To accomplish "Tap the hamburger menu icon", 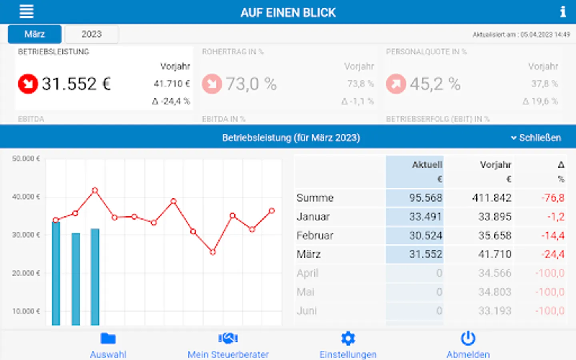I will pyautogui.click(x=26, y=12).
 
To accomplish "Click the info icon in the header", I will pyautogui.click(x=563, y=12).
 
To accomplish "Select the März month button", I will pyautogui.click(x=35, y=34).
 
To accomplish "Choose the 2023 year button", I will pyautogui.click(x=92, y=34).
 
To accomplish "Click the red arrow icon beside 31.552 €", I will pyautogui.click(x=28, y=84).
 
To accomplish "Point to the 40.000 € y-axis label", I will pyautogui.click(x=26, y=197).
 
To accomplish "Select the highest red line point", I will pyautogui.click(x=95, y=190).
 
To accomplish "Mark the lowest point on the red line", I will pyautogui.click(x=213, y=252).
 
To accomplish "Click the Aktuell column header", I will pyautogui.click(x=427, y=165).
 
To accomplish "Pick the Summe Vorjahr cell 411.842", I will pyautogui.click(x=492, y=198).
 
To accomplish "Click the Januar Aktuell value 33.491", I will pyautogui.click(x=425, y=217).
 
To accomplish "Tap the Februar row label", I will pyautogui.click(x=315, y=236).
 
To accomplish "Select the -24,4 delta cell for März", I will pyautogui.click(x=553, y=254).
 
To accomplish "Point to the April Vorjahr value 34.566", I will pyautogui.click(x=495, y=273).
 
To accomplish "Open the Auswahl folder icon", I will pyautogui.click(x=108, y=339).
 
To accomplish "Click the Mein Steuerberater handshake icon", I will pyautogui.click(x=228, y=339).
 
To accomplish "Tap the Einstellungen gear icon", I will pyautogui.click(x=348, y=339).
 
